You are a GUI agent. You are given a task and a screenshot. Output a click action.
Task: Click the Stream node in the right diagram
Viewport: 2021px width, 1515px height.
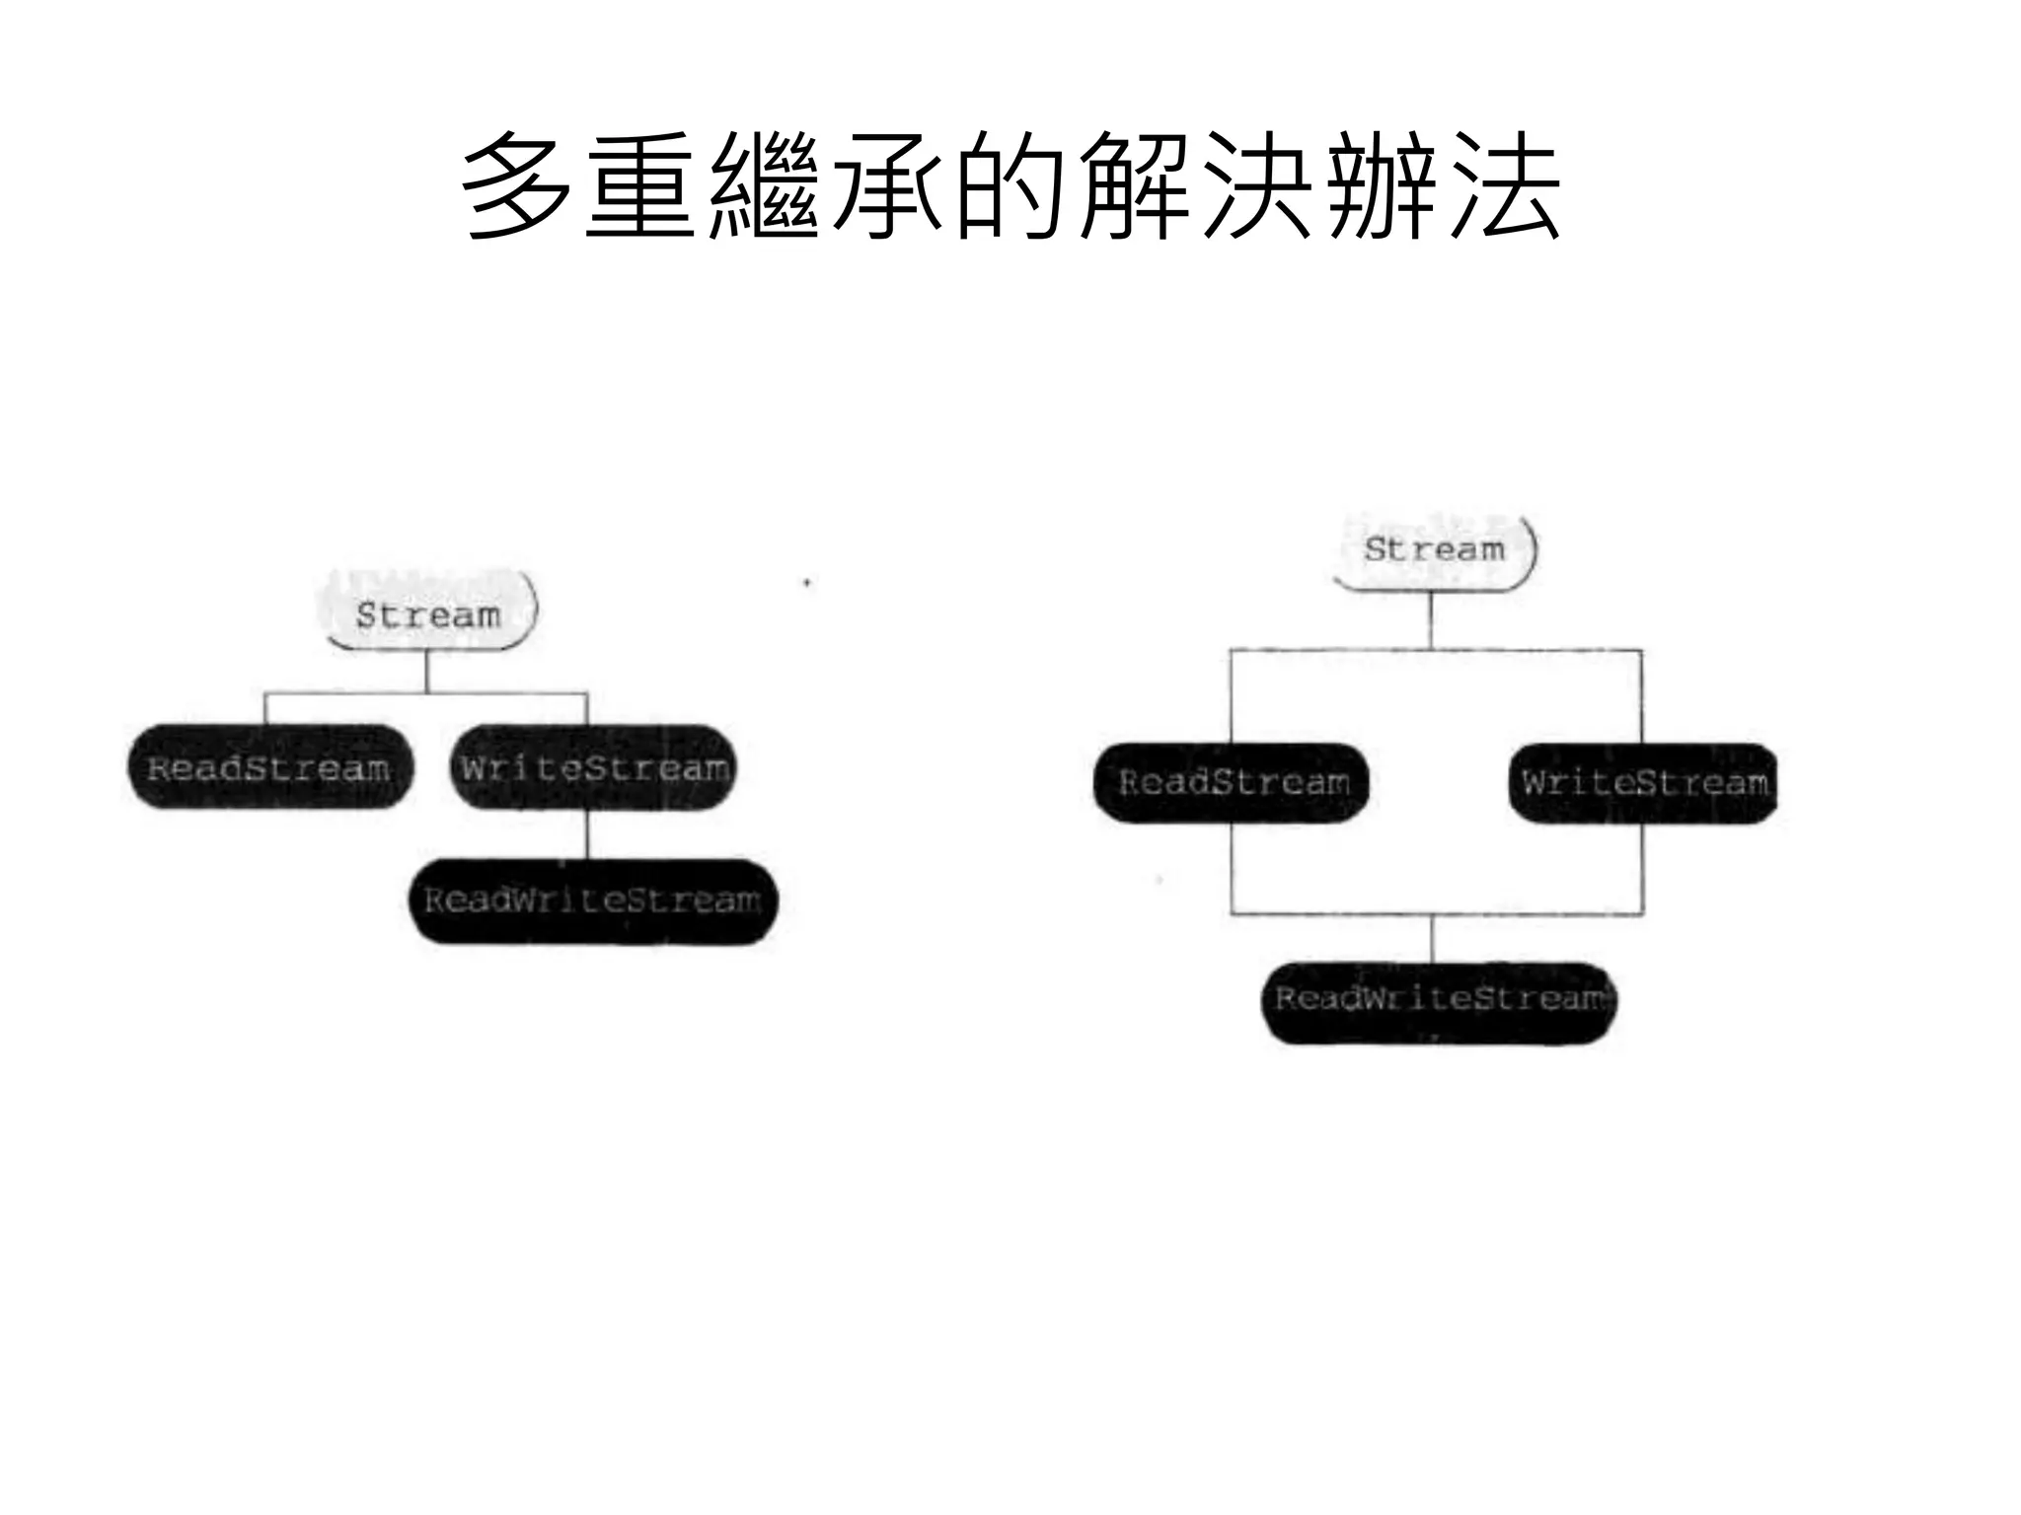tap(1434, 549)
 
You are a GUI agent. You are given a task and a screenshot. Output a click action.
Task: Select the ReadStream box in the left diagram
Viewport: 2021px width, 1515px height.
tap(269, 767)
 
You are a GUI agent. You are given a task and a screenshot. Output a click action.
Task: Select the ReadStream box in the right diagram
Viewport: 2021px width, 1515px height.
tap(1233, 782)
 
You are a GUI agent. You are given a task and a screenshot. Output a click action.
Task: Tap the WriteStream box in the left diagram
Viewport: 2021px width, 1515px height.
tap(594, 767)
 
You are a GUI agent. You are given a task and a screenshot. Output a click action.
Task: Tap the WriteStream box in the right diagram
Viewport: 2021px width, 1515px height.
tap(1643, 782)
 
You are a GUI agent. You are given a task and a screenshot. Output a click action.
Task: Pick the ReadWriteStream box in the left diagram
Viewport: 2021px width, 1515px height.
tap(593, 901)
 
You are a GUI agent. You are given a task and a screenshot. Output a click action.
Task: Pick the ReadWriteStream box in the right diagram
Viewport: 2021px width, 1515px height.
tap(1440, 1000)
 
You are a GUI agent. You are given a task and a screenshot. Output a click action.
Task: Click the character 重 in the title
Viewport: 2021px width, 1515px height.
tap(639, 186)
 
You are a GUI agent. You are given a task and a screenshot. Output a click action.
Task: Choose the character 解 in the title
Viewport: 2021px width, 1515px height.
tap(1134, 186)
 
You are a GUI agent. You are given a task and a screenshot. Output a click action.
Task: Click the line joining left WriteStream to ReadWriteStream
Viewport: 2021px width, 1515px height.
tap(587, 834)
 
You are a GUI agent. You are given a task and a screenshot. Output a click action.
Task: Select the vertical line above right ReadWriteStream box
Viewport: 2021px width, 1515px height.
tap(1432, 938)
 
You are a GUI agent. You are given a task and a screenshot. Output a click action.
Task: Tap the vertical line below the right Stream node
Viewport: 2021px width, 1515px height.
tap(1431, 620)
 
